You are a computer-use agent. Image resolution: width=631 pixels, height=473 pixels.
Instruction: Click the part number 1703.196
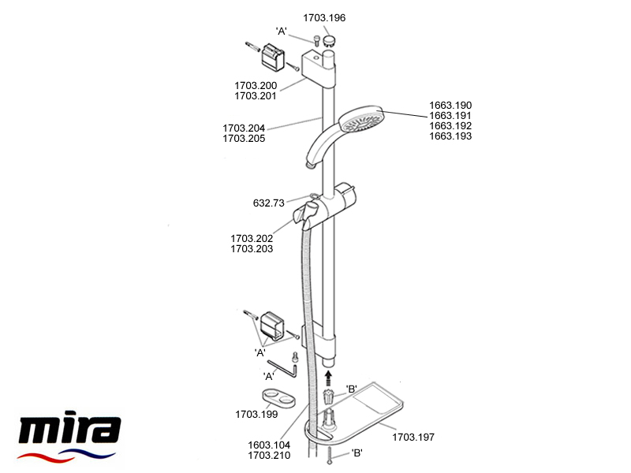click(324, 17)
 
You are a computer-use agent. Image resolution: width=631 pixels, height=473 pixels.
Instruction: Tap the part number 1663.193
click(450, 136)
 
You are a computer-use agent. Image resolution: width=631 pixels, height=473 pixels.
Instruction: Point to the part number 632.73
click(268, 203)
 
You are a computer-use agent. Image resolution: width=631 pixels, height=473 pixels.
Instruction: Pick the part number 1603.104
click(269, 445)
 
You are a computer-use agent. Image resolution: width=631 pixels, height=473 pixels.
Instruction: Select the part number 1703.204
click(244, 128)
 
